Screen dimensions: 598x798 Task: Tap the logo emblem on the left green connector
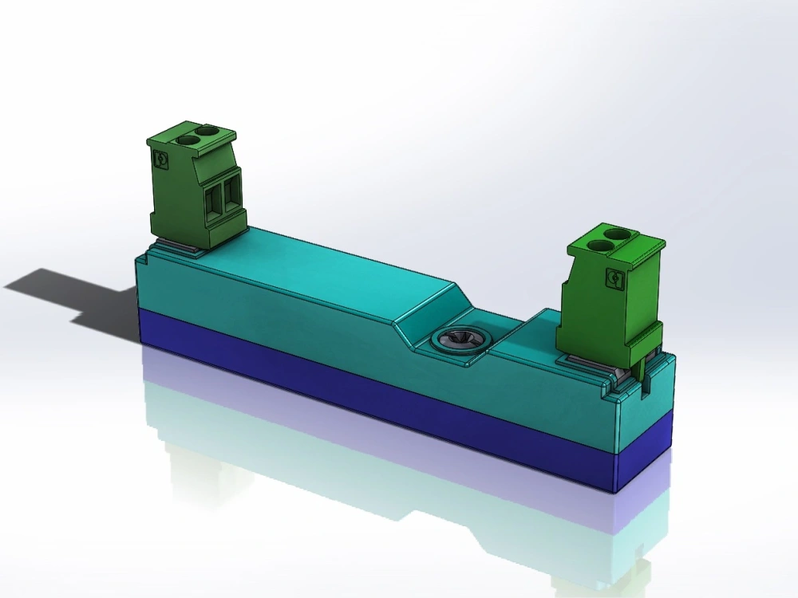tap(160, 160)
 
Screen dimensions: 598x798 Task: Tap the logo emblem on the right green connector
tap(615, 278)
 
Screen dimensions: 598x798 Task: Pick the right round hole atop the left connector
tap(207, 130)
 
